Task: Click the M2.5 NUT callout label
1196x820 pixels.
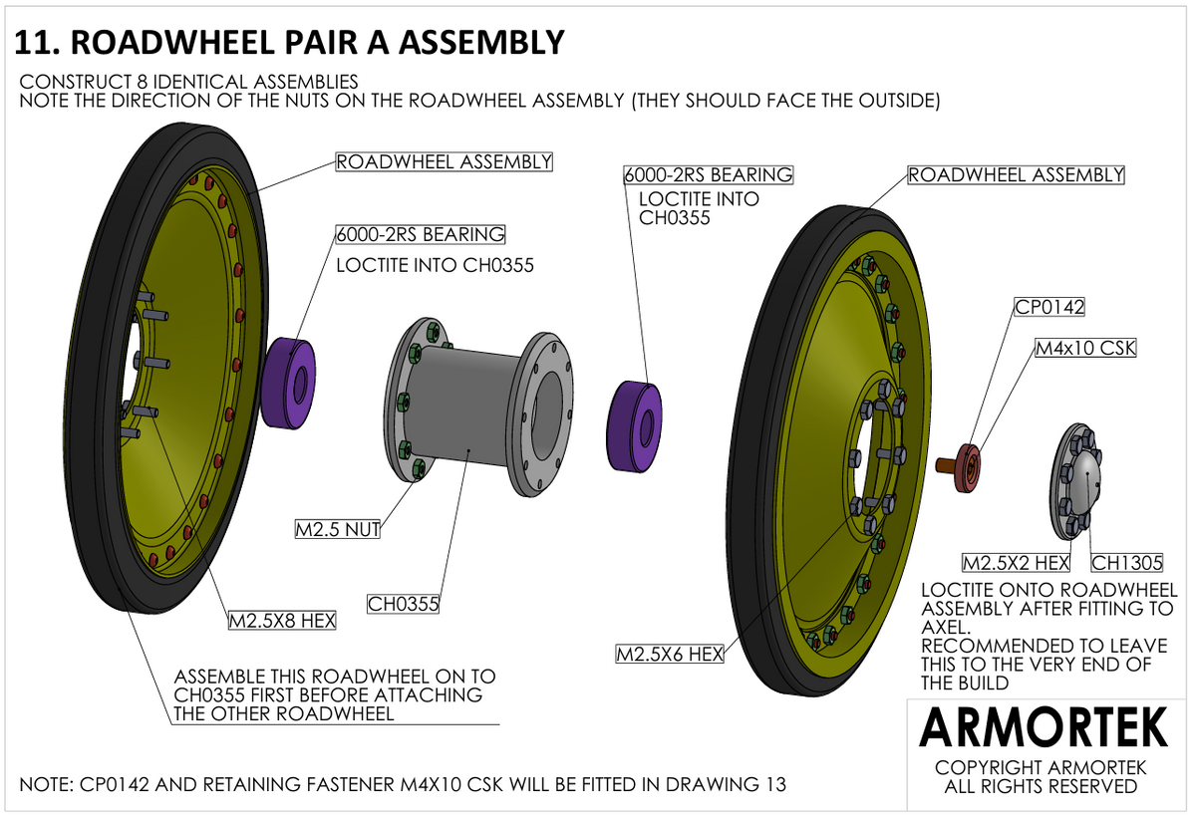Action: point(338,529)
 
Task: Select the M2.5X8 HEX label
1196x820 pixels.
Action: point(282,621)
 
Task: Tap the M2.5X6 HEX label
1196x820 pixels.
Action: point(670,654)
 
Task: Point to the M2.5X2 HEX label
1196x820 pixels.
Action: point(1016,563)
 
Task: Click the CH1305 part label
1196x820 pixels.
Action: point(1126,563)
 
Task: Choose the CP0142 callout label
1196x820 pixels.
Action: point(1049,307)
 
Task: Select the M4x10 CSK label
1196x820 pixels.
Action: point(1085,348)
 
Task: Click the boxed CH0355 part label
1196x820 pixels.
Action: point(403,605)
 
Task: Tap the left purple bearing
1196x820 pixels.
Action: point(288,383)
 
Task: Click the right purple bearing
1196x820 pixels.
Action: point(634,426)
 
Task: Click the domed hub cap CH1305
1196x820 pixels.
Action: point(1074,480)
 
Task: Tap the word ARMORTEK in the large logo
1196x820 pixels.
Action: point(1044,727)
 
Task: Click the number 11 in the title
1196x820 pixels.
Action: point(35,43)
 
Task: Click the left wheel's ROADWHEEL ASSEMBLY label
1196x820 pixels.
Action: point(445,161)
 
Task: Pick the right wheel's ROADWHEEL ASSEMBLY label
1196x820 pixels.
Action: point(1016,175)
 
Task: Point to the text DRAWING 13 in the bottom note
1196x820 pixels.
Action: point(720,784)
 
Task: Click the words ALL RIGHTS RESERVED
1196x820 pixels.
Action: point(1041,786)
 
